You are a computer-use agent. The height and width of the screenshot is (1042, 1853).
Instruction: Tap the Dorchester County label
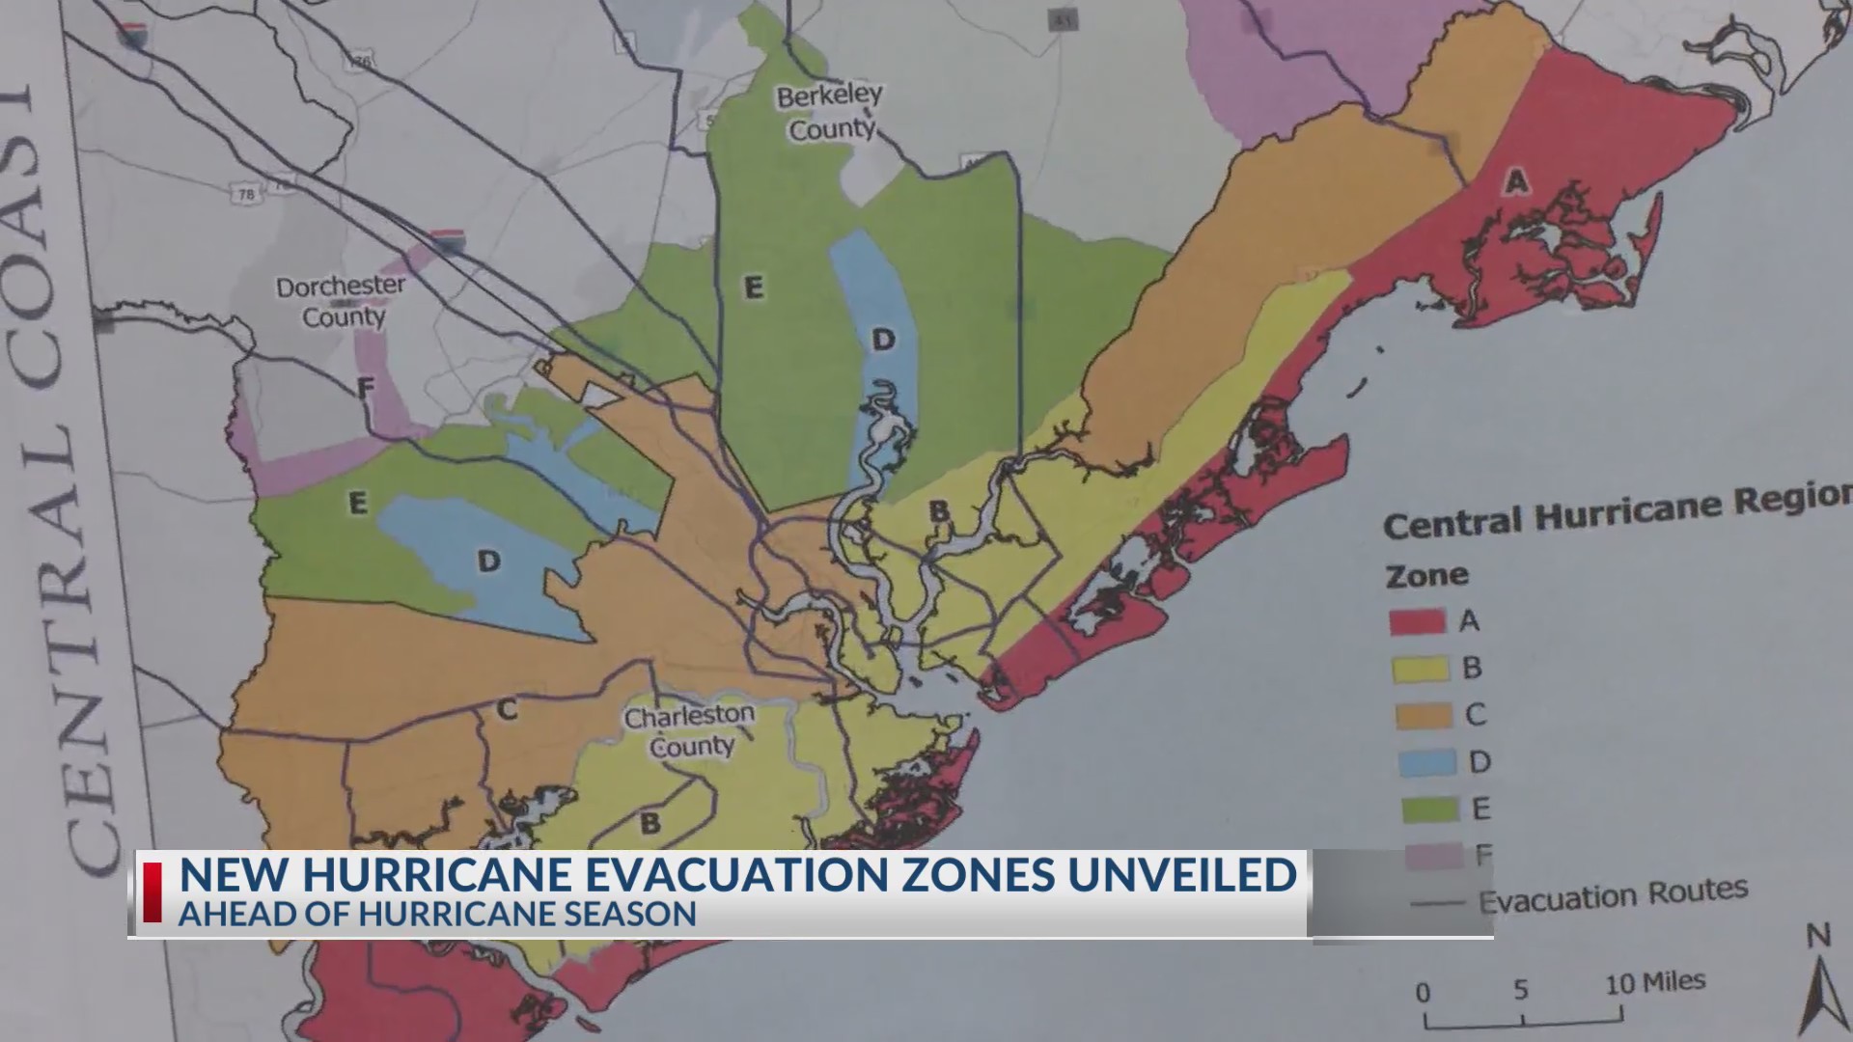(x=341, y=301)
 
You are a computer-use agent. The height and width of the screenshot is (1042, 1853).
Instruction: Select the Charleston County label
(x=690, y=730)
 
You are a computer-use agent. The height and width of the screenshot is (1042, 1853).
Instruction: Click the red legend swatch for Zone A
(x=1417, y=621)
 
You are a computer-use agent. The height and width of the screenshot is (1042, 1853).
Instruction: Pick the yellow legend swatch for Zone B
(x=1421, y=669)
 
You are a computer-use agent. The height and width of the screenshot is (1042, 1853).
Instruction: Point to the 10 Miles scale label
(x=1654, y=983)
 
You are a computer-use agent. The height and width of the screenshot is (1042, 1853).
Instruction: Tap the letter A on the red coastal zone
(x=1516, y=180)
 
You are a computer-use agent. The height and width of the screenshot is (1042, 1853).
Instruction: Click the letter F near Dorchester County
(x=365, y=389)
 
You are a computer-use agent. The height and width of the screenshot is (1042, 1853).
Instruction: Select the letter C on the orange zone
(x=507, y=711)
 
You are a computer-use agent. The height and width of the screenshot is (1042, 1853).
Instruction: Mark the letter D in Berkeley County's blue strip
(x=883, y=339)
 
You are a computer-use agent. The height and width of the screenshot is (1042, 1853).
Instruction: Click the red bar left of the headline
(x=152, y=892)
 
